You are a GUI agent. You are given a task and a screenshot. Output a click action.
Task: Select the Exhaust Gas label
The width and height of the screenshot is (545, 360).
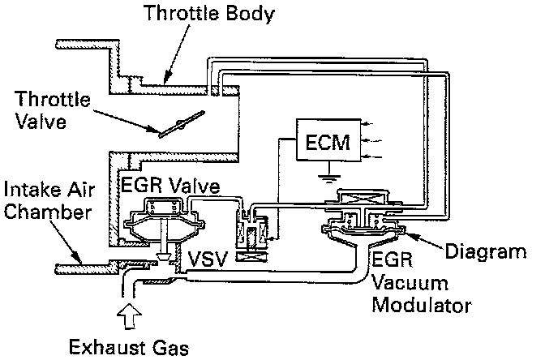coord(129,348)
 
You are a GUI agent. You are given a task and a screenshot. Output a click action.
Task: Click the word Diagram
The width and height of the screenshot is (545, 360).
coord(491,251)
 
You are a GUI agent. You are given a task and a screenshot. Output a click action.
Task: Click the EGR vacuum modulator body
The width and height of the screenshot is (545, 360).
coord(357,231)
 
